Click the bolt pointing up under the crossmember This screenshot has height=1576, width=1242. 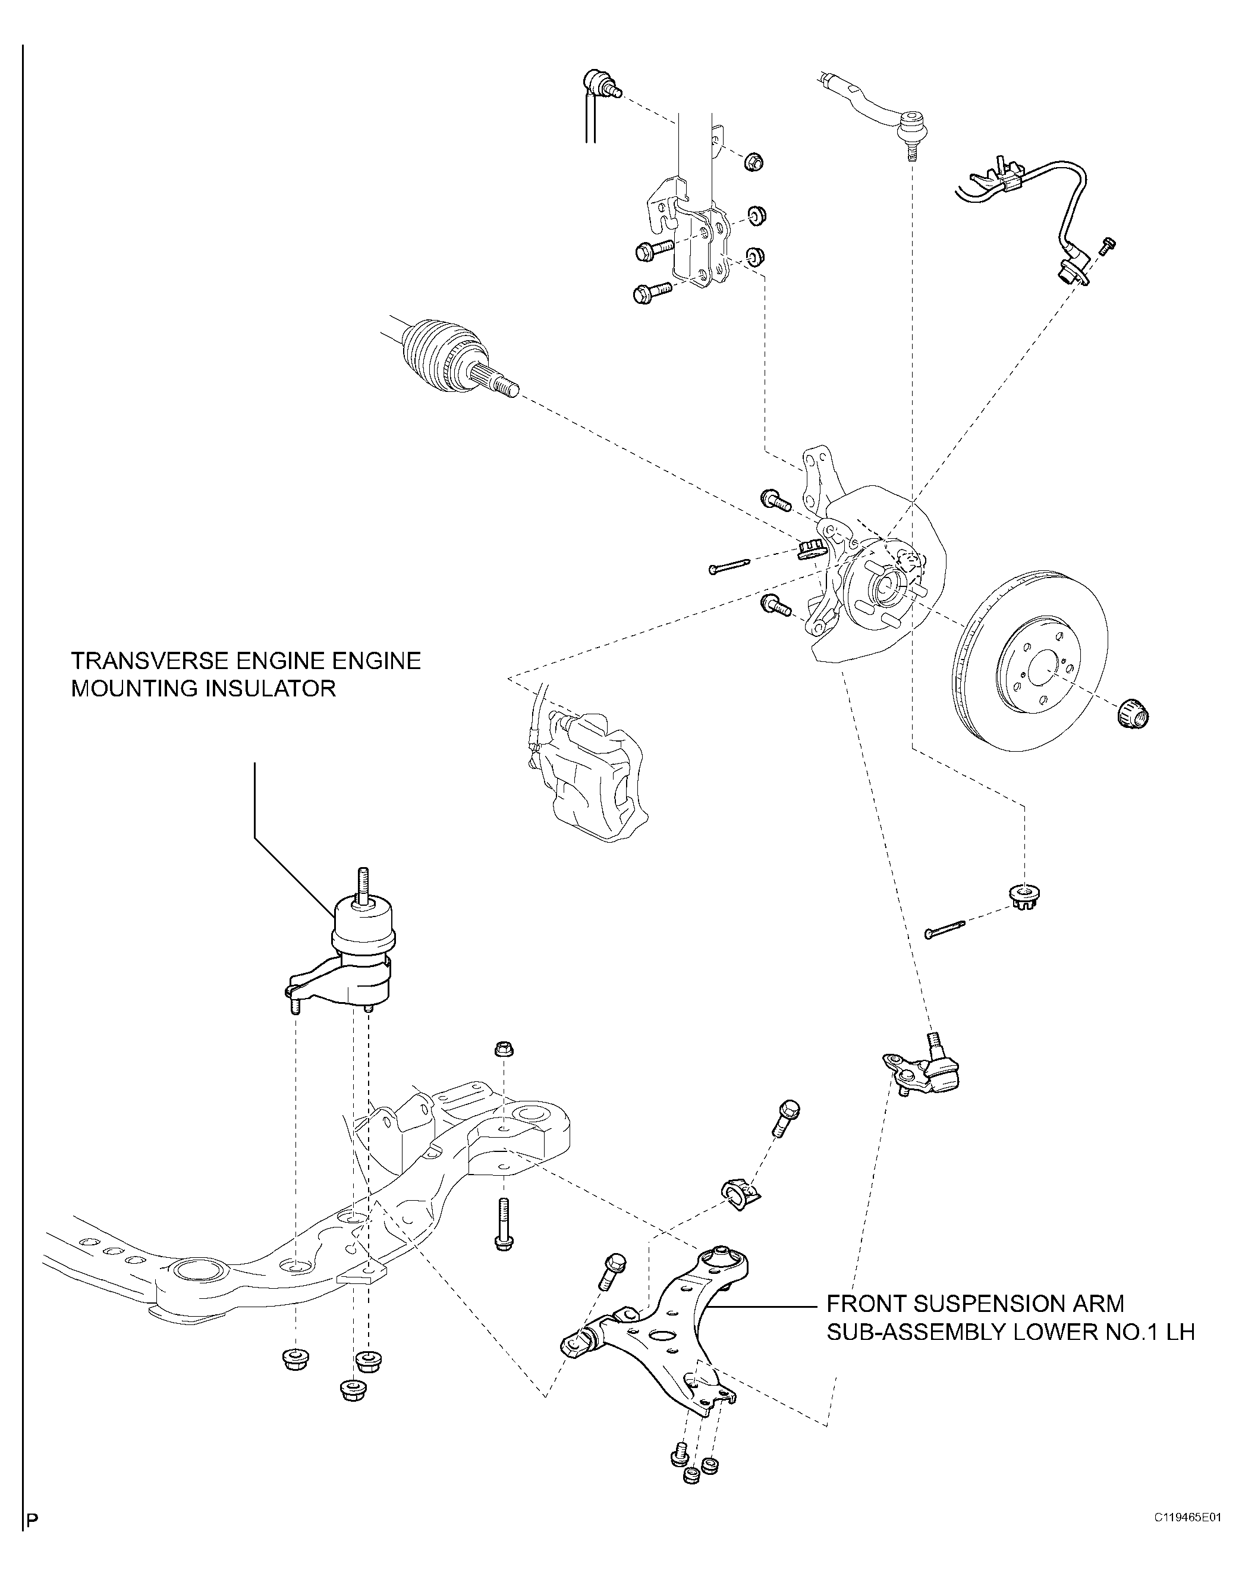502,1224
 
